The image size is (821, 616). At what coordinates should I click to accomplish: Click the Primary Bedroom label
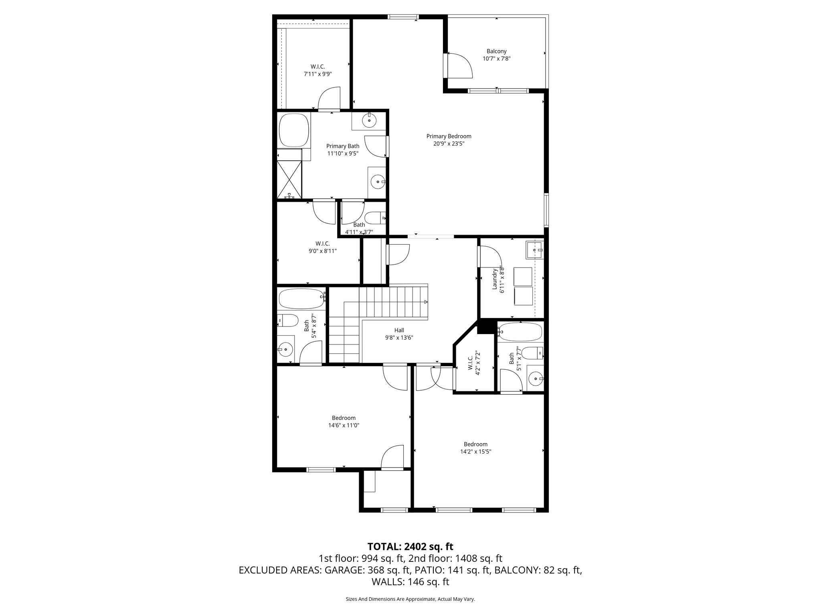coord(449,136)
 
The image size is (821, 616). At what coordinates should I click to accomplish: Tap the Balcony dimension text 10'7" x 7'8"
coord(496,59)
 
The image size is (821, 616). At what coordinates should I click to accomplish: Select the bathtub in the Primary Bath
coord(294,130)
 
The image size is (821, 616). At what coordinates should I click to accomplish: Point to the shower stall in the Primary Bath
coord(289,180)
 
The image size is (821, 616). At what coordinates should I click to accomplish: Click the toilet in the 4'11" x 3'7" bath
coord(376,218)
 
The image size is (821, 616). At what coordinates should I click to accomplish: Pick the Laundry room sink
coord(535,250)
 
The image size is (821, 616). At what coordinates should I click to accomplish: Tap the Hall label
coord(399,330)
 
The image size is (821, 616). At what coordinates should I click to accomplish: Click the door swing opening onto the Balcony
coord(460,65)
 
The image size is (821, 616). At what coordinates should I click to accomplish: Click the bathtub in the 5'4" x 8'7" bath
coord(301,297)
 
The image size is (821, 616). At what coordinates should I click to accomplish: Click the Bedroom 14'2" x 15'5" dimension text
coord(475,451)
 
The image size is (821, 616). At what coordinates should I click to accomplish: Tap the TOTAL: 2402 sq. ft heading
coord(410,546)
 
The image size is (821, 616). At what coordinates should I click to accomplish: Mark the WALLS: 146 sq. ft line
coord(410,582)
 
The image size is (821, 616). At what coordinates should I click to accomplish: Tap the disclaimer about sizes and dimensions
coord(410,599)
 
